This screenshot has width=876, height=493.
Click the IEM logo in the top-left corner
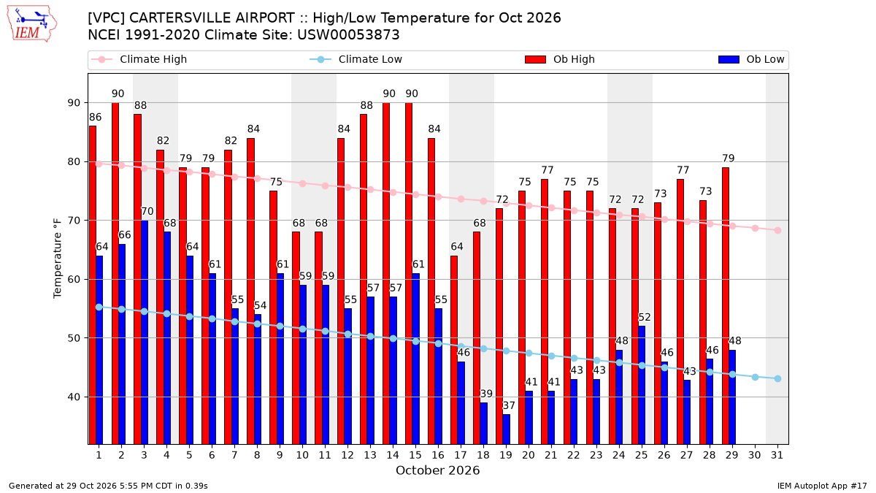32,24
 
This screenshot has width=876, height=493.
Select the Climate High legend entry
139,59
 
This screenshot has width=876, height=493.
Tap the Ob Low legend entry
751,59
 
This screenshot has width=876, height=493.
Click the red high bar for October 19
499,326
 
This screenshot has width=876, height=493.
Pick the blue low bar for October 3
145,332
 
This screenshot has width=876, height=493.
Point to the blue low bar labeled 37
506,429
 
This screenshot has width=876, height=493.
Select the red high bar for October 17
454,350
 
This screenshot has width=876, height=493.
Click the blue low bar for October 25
642,386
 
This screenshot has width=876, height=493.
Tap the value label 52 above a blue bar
645,317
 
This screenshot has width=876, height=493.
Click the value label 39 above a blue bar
486,394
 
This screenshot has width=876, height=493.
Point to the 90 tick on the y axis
74,103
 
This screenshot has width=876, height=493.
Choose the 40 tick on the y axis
74,397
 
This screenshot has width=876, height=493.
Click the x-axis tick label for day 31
777,455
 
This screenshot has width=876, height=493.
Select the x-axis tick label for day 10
302,455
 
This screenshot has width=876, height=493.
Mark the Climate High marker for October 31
778,231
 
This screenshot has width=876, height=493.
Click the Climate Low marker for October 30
755,377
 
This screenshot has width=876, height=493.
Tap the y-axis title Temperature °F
57,259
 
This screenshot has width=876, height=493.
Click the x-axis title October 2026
437,470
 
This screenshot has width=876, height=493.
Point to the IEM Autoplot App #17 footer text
822,486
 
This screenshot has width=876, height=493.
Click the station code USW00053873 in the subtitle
348,35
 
